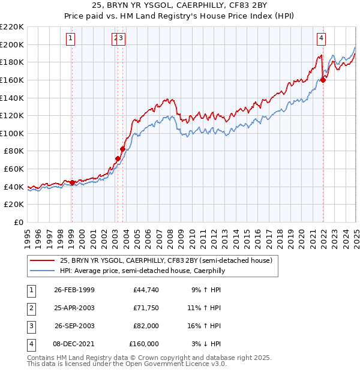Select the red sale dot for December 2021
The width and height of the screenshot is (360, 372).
click(x=323, y=80)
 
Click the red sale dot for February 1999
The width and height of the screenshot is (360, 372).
click(x=72, y=182)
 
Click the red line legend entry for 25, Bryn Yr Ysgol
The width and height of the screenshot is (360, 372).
click(x=166, y=260)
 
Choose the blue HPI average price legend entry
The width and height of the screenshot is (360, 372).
click(x=142, y=271)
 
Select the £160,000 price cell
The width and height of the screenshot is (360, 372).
click(x=144, y=344)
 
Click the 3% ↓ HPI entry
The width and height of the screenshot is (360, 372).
click(x=208, y=344)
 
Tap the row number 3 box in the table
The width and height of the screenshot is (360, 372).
click(x=29, y=326)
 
